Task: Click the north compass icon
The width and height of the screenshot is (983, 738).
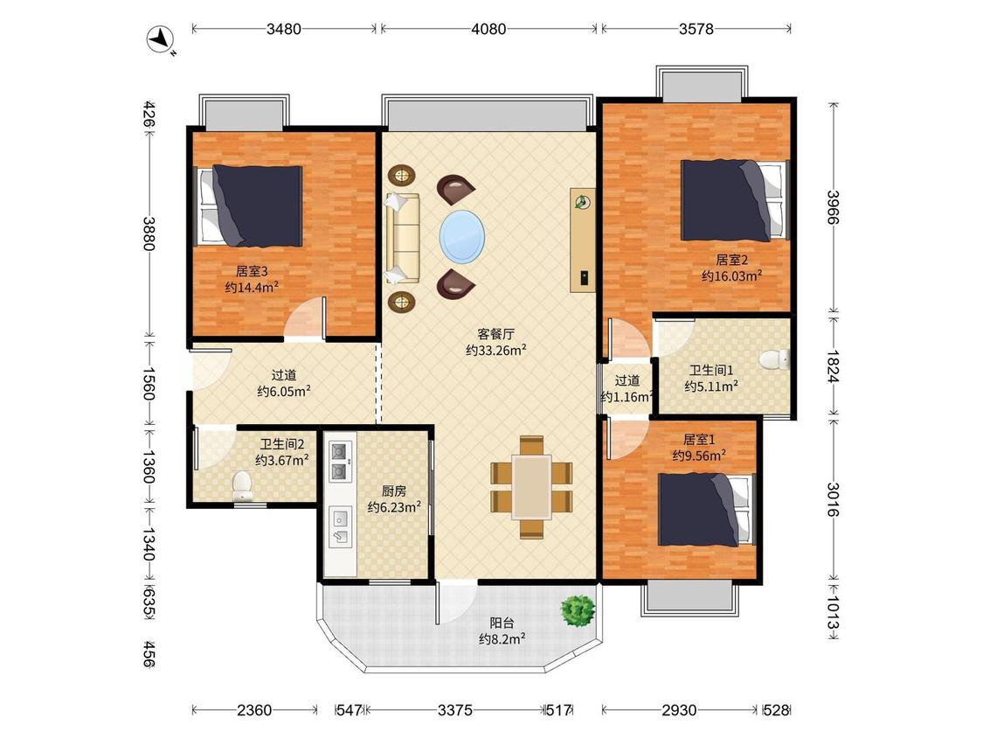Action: tap(161, 38)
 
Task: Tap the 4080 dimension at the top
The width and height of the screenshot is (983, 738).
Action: tap(488, 29)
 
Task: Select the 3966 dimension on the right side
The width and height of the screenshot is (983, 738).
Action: tap(834, 207)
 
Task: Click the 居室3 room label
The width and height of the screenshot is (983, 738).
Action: tap(252, 271)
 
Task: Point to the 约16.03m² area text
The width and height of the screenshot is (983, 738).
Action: tap(731, 275)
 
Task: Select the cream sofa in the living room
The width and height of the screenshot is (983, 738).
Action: tap(402, 238)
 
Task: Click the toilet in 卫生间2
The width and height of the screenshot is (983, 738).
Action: tap(242, 485)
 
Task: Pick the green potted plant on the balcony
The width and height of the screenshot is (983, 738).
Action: tap(578, 610)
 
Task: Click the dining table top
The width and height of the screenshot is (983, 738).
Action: tap(531, 486)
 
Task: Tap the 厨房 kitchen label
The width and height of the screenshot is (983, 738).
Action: tap(394, 491)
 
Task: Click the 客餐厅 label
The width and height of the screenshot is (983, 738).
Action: tap(495, 334)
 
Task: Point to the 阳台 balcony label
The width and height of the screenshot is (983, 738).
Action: tap(502, 623)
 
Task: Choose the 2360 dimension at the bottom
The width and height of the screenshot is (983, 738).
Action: tap(254, 710)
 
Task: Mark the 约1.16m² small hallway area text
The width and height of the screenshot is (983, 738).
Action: tap(626, 397)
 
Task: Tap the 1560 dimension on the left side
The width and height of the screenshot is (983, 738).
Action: tap(149, 384)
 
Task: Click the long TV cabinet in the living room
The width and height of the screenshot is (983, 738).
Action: tap(583, 240)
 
